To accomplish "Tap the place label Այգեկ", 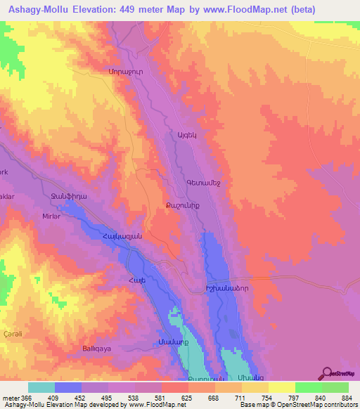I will tap(182, 135).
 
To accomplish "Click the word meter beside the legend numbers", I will tap(11, 398).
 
